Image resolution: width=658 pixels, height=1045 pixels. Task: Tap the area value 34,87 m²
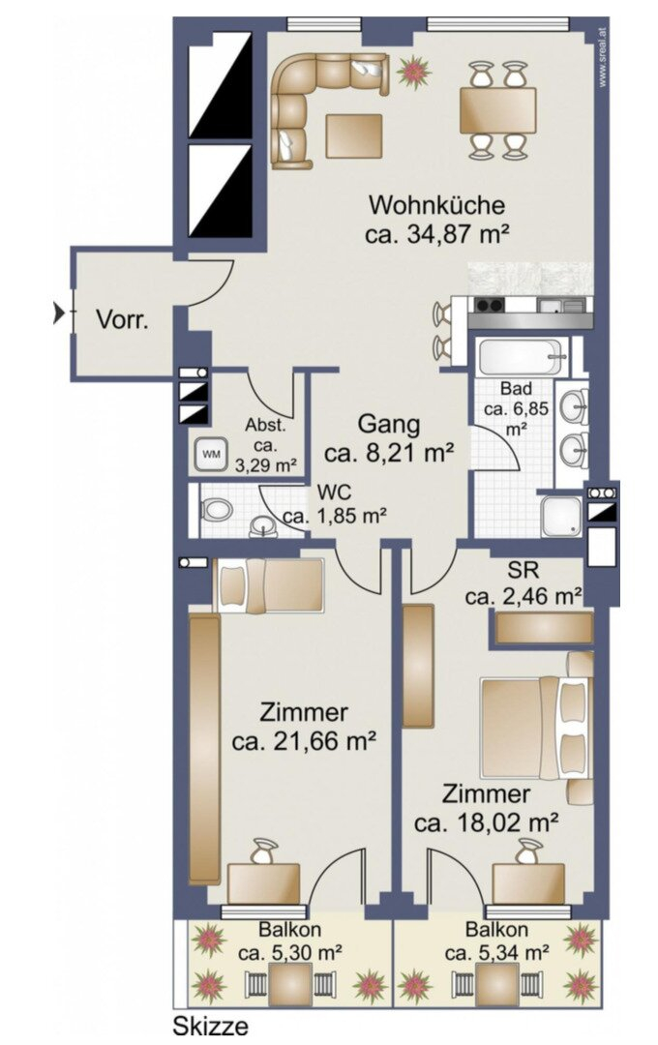click(x=437, y=233)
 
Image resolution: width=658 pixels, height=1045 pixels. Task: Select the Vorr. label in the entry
click(x=122, y=320)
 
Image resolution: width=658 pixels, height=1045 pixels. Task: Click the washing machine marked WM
click(x=210, y=452)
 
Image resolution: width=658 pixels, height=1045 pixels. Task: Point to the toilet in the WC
click(x=218, y=509)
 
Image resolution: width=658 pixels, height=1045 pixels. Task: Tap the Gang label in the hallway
click(x=389, y=424)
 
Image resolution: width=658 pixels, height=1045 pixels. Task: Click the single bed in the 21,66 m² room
click(x=268, y=585)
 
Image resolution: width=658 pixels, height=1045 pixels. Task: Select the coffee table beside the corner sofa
click(x=355, y=135)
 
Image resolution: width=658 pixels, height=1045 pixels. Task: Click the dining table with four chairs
click(x=497, y=110)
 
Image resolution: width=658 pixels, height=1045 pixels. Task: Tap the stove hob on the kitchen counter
click(x=489, y=306)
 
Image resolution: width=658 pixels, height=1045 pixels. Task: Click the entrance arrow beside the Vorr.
click(x=60, y=313)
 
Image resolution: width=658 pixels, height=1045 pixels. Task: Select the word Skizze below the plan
click(x=211, y=1027)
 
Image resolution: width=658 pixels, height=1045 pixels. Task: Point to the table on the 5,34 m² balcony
click(x=497, y=984)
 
